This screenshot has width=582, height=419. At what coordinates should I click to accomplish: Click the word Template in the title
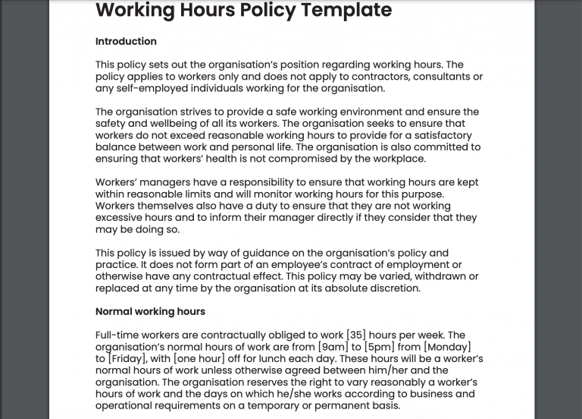click(343, 11)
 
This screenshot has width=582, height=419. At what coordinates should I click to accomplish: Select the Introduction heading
click(126, 41)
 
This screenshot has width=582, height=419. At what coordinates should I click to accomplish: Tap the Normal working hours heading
click(150, 311)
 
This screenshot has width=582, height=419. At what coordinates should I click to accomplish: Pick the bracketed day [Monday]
click(447, 347)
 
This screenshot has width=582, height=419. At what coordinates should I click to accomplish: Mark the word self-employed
click(151, 88)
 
